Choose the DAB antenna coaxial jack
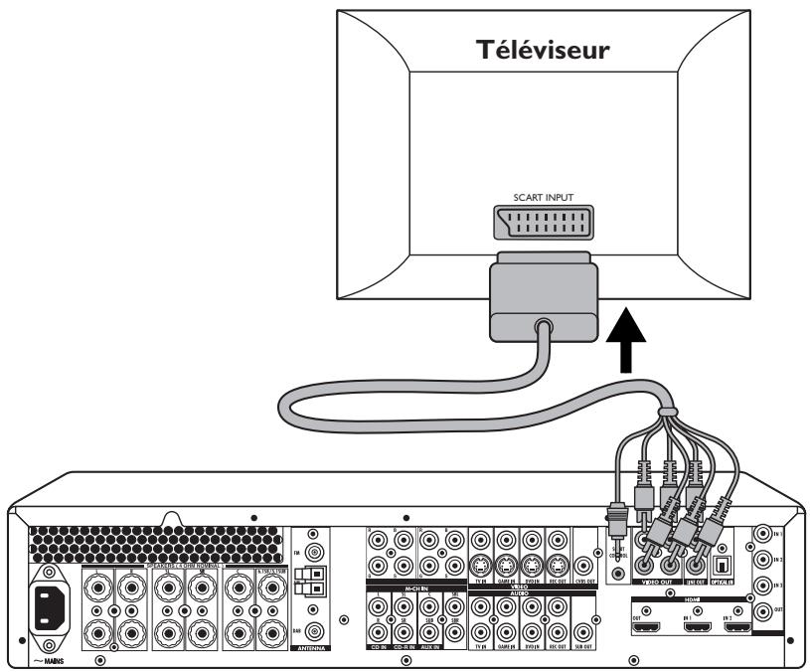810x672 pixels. coord(316,630)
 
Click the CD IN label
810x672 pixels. coord(378,646)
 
